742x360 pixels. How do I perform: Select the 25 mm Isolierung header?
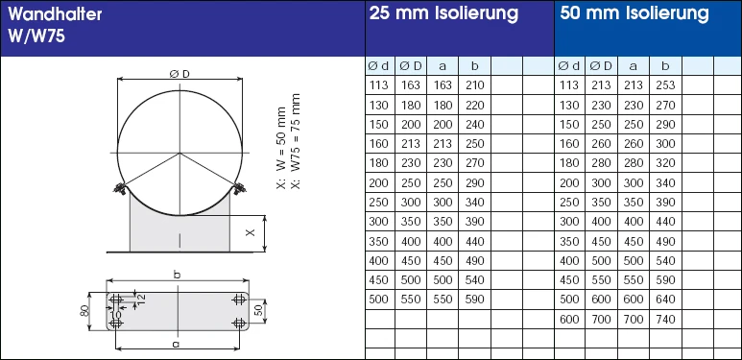tap(443, 14)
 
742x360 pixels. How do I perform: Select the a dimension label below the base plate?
tap(175, 343)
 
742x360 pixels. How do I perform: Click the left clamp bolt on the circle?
tap(120, 187)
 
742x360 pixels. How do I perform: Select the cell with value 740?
tap(665, 318)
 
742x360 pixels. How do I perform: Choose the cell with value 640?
tap(665, 299)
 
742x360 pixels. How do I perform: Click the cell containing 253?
tap(665, 85)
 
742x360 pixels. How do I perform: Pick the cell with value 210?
tap(474, 85)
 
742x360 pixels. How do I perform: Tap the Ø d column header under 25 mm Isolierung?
tap(379, 66)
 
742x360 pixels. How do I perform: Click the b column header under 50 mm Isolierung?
tap(665, 66)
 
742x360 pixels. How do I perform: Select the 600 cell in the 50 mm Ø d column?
tap(569, 318)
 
